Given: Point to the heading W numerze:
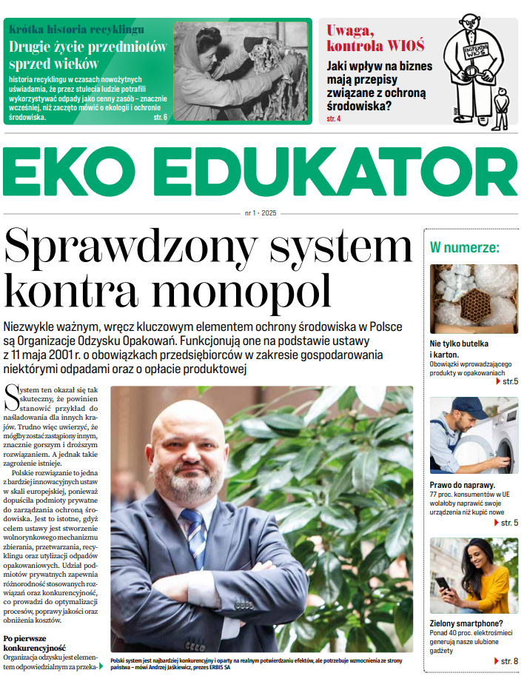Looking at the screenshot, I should click(x=465, y=247).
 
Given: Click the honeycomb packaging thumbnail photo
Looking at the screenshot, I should click(x=474, y=298).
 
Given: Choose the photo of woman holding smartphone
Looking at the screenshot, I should click(x=474, y=575).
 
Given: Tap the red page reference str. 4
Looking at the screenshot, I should click(x=334, y=118).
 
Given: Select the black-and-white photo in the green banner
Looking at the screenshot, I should click(x=241, y=71).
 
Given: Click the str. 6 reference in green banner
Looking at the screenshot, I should click(x=159, y=118).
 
